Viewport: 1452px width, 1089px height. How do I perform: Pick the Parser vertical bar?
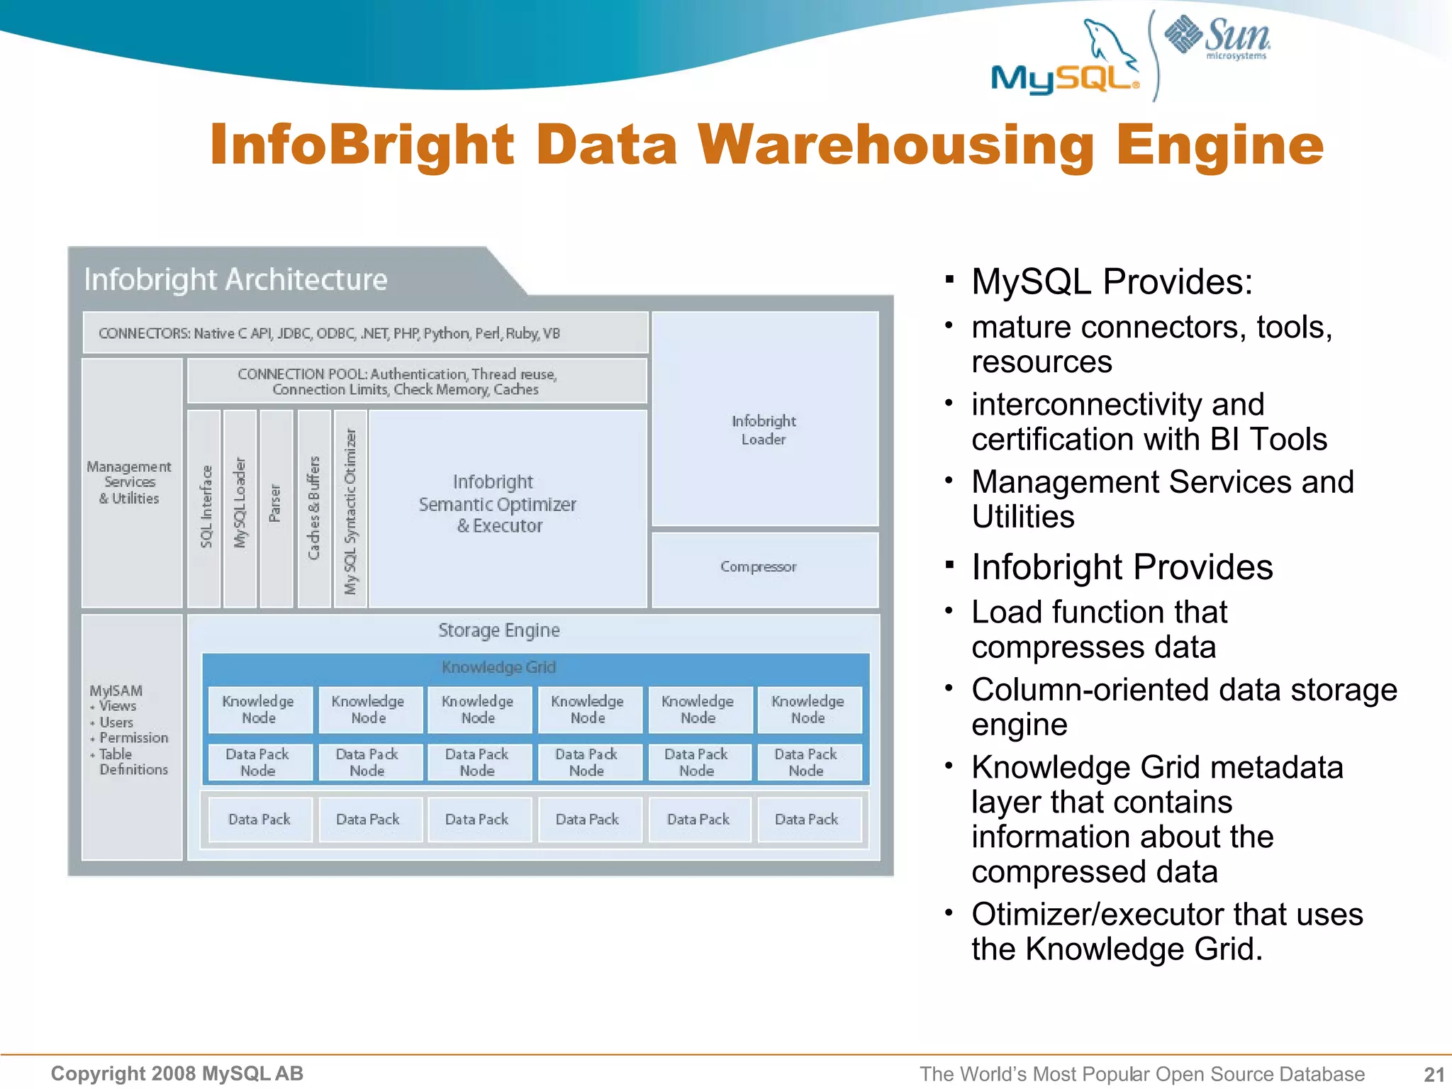click(276, 508)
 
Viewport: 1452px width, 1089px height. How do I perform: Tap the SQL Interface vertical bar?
click(204, 508)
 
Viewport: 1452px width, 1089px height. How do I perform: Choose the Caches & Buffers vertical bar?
click(314, 508)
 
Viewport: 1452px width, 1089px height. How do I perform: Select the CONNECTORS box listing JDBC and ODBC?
click(365, 333)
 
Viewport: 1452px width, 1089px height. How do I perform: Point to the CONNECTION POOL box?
click(416, 381)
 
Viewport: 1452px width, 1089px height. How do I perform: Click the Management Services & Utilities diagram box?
click(131, 483)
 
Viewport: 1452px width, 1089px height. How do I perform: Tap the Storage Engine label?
click(498, 630)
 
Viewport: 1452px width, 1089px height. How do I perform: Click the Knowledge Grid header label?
click(498, 667)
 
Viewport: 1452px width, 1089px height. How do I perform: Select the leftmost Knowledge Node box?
click(259, 710)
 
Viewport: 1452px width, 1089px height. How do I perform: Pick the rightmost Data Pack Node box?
click(808, 762)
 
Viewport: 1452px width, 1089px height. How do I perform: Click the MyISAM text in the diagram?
click(116, 691)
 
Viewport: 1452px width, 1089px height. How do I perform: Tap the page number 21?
click(1434, 1074)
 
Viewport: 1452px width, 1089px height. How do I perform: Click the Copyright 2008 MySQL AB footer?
click(177, 1074)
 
